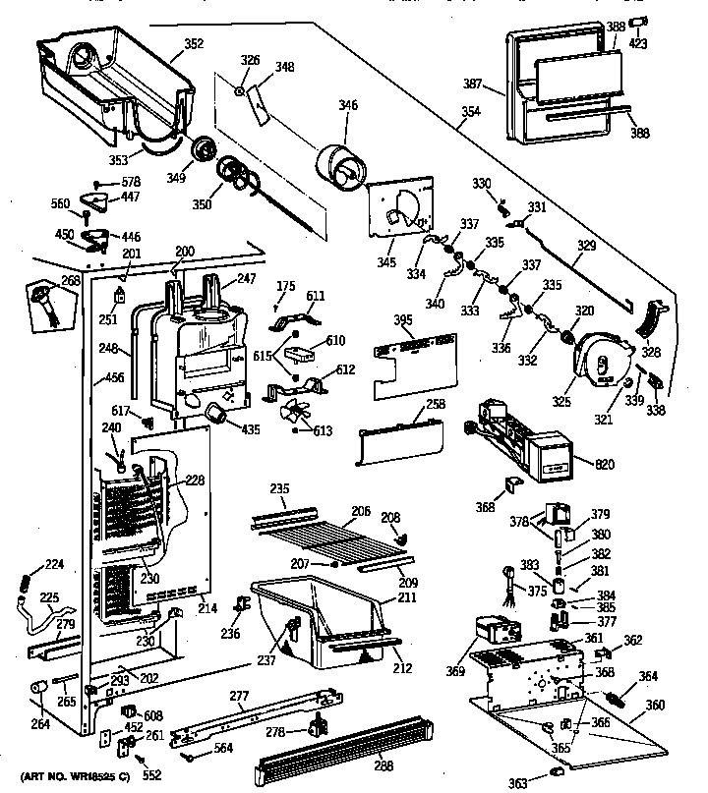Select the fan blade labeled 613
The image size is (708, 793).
coord(295,414)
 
